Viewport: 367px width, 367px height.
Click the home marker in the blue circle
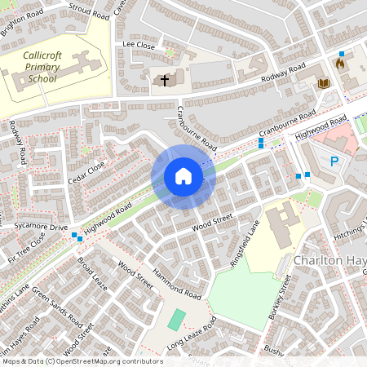pyautogui.click(x=183, y=176)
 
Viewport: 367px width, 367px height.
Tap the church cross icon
pyautogui.click(x=165, y=80)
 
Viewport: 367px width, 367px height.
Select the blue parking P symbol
pyautogui.click(x=334, y=161)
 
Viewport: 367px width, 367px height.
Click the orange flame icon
pyautogui.click(x=340, y=62)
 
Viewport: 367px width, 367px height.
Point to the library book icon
pyautogui.click(x=323, y=83)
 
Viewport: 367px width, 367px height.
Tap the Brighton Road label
pyautogui.click(x=22, y=15)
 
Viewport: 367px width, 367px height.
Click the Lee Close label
pyautogui.click(x=138, y=43)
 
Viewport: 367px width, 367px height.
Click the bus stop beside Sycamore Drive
pyautogui.click(x=76, y=237)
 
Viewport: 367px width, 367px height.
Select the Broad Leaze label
pyautogui.click(x=92, y=277)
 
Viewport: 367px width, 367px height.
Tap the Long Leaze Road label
pyautogui.click(x=191, y=334)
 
